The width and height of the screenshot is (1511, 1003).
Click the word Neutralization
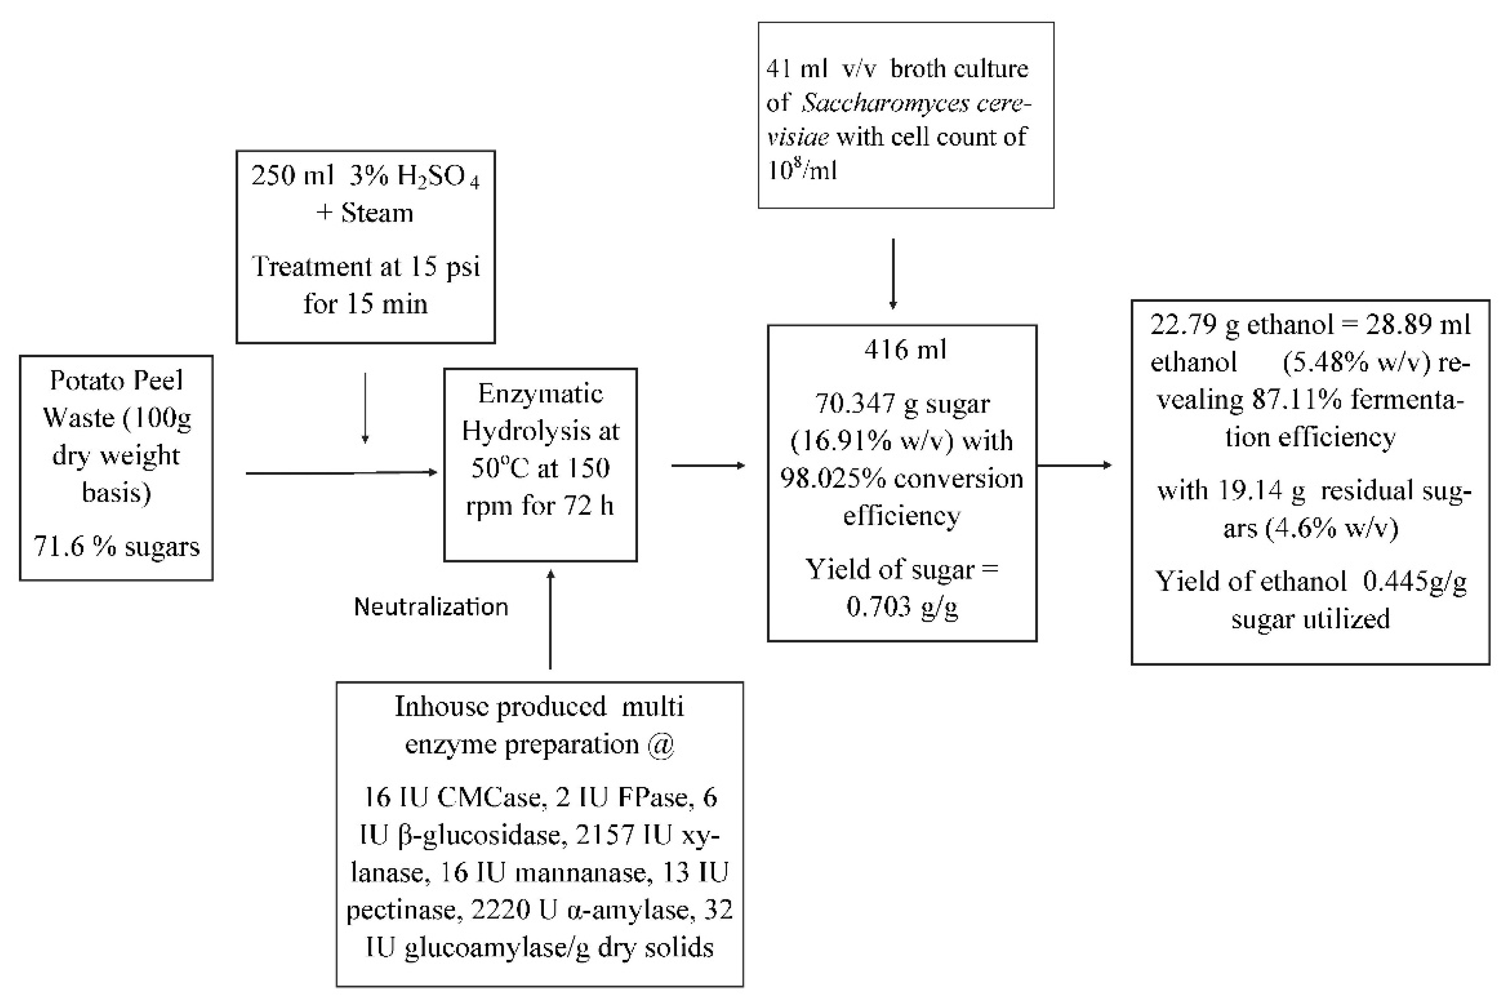pyautogui.click(x=430, y=607)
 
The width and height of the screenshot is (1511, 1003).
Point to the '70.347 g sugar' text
pyautogui.click(x=902, y=404)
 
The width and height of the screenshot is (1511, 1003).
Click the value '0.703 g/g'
pyautogui.click(x=901, y=607)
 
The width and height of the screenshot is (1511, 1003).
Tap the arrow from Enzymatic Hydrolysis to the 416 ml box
pyautogui.click(x=708, y=466)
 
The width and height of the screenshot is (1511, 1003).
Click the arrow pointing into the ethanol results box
pyautogui.click(x=1074, y=465)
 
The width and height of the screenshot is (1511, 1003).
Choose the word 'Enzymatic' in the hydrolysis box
pyautogui.click(x=541, y=394)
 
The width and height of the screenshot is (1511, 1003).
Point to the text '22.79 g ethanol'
pyautogui.click(x=1241, y=325)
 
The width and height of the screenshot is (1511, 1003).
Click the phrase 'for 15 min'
pyautogui.click(x=365, y=304)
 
